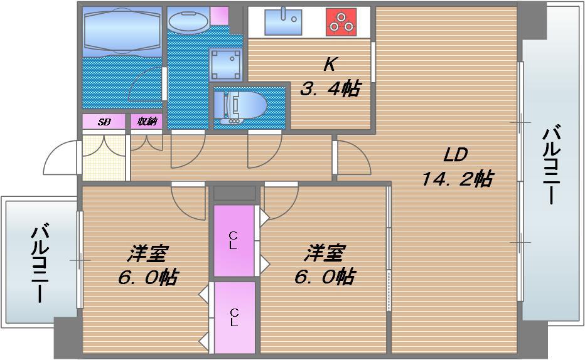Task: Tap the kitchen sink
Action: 282,22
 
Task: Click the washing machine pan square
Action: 225,64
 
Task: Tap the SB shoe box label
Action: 104,122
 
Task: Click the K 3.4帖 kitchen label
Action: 330,78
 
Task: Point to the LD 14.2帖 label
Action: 456,167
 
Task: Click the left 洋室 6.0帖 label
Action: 148,265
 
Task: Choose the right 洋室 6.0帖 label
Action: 325,265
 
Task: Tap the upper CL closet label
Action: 233,241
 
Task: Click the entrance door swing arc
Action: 62,160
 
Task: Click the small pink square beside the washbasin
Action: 219,15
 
